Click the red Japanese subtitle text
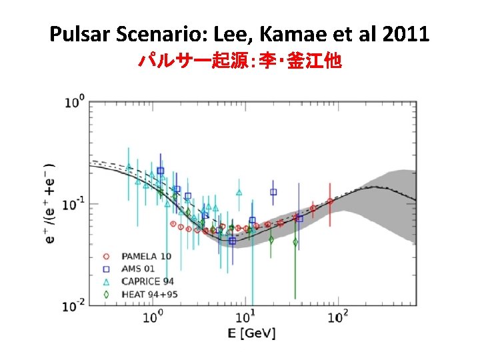[x=239, y=62]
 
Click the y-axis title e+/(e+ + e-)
[x=51, y=203]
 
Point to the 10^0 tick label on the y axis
[x=75, y=102]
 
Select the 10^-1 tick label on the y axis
[x=73, y=204]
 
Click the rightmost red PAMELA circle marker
[x=330, y=201]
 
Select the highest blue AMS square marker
[x=161, y=171]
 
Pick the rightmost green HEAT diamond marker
[x=295, y=243]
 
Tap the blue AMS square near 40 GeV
[x=299, y=218]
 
